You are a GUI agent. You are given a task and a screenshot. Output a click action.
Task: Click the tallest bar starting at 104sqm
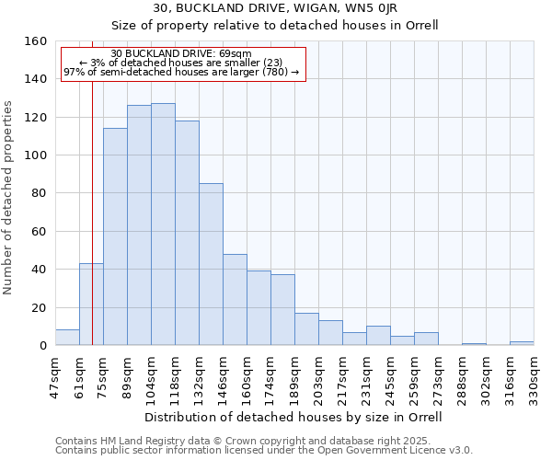pyautogui.click(x=163, y=224)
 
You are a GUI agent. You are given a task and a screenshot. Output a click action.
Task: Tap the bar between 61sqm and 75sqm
pyautogui.click(x=91, y=305)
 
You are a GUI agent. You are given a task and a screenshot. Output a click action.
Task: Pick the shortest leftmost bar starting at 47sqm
pyautogui.click(x=67, y=338)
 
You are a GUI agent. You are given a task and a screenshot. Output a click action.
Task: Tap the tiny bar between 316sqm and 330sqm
pyautogui.click(x=522, y=343)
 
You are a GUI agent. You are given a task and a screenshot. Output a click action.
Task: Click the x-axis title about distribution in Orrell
pyautogui.click(x=293, y=417)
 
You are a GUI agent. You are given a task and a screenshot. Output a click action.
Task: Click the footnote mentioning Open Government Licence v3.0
pyautogui.click(x=264, y=450)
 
